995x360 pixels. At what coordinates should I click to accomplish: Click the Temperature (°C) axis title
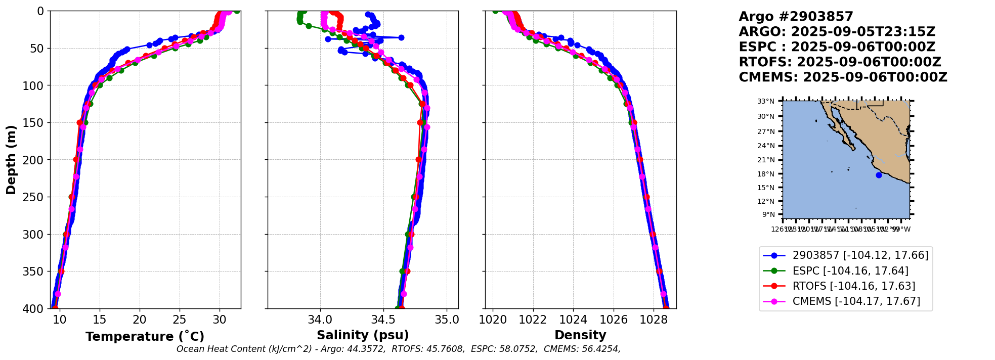click(x=145, y=337)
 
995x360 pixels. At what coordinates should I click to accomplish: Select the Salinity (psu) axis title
click(x=363, y=335)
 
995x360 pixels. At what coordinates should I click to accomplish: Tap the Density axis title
click(x=580, y=335)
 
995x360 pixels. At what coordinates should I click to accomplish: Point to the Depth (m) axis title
click(x=11, y=160)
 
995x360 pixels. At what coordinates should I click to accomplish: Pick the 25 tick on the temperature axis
click(x=180, y=320)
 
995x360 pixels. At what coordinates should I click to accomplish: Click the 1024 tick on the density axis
click(x=573, y=320)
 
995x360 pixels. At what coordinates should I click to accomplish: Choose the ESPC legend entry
click(x=850, y=271)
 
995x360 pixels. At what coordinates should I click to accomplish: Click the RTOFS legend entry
click(x=853, y=286)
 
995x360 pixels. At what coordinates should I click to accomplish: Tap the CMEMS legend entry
click(x=856, y=301)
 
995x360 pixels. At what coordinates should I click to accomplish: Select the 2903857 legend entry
click(x=860, y=255)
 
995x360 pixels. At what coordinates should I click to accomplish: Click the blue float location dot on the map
click(x=879, y=175)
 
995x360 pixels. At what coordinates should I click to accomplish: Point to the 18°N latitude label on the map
click(x=766, y=174)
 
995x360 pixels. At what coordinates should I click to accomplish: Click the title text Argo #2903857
click(x=796, y=17)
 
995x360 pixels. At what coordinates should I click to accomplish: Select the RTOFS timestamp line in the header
click(x=840, y=62)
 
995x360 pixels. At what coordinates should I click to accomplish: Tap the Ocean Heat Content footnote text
click(x=398, y=349)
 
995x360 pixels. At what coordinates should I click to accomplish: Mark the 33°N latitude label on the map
click(x=766, y=102)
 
